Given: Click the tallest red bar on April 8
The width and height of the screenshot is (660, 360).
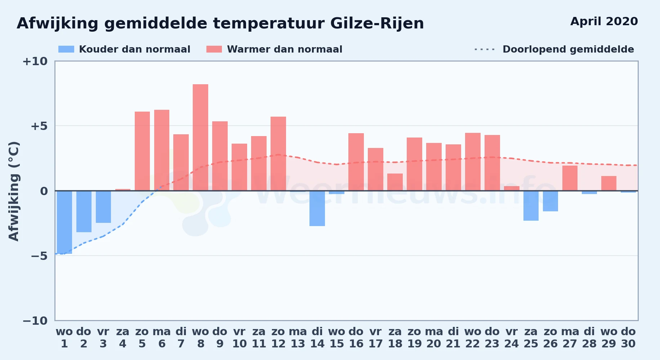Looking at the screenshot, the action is [200, 138].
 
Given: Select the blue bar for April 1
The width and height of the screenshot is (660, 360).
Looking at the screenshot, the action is [64, 222].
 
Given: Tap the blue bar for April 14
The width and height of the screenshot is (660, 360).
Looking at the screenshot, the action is [317, 208].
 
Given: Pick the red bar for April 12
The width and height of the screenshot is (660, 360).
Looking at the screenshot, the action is [278, 154].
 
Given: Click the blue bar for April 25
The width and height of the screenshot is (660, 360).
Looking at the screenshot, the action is [531, 206].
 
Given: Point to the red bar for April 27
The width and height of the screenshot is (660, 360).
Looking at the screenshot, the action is [570, 178].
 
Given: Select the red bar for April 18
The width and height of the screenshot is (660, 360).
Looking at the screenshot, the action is [395, 182].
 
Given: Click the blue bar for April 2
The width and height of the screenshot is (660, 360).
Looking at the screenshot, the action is [84, 211].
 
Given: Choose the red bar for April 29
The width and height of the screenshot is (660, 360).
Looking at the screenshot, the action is [609, 183].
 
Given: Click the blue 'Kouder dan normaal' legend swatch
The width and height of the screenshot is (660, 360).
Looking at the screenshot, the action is [66, 49].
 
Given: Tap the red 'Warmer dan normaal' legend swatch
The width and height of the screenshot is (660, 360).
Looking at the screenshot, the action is [214, 49].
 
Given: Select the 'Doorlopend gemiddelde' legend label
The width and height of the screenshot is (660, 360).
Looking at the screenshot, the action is [568, 49].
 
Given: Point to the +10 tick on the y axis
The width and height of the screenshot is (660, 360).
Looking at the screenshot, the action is [35, 61].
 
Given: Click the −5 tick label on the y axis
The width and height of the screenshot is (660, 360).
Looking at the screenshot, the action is [39, 256].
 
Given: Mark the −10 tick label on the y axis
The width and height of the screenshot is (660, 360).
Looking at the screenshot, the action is [35, 321].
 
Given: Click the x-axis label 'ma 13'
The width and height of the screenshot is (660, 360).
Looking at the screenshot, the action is [298, 338].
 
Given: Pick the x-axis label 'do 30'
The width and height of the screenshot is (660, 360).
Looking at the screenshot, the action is [628, 338].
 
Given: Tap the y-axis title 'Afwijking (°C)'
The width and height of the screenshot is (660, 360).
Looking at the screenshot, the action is [14, 191].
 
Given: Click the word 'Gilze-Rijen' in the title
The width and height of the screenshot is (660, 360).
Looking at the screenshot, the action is [377, 24].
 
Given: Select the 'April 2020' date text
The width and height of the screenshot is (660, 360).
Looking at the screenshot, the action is [604, 22].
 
